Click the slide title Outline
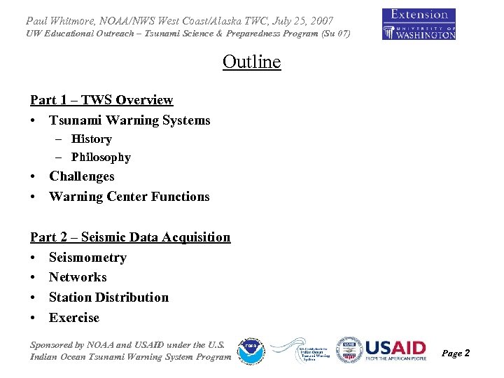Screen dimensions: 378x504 251,62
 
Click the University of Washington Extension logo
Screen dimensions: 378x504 419,24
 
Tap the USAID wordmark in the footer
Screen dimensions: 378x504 395,349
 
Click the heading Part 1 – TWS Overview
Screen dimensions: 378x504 101,100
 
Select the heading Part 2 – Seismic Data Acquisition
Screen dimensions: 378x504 130,237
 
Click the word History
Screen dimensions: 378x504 91,139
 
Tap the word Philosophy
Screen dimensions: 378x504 101,157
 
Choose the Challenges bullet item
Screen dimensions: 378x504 81,176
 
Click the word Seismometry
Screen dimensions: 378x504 87,258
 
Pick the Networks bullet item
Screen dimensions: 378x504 78,277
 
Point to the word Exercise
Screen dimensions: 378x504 74,318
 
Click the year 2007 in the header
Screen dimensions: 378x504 318,21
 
